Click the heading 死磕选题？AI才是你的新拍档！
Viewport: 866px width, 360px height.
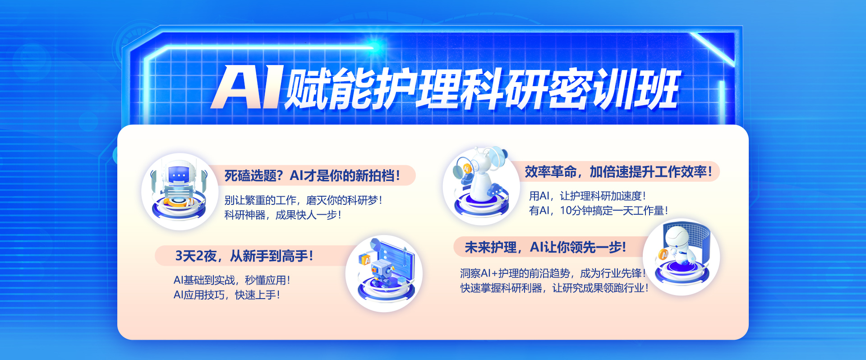312,175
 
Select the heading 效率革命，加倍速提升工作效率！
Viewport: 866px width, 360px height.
618,172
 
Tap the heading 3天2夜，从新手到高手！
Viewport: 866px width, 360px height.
244,256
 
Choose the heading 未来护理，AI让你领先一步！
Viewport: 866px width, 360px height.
545,247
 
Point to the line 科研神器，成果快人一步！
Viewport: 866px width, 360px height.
283,215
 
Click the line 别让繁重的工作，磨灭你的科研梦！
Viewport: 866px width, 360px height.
304,200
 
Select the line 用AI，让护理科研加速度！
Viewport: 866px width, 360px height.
588,196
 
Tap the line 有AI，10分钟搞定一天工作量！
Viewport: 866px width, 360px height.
599,211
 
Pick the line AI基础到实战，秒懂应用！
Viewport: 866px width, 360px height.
232,280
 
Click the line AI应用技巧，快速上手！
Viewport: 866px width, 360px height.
227,295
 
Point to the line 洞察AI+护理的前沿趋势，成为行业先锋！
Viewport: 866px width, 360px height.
553,273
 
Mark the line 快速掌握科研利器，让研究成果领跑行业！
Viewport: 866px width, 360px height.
554,288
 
